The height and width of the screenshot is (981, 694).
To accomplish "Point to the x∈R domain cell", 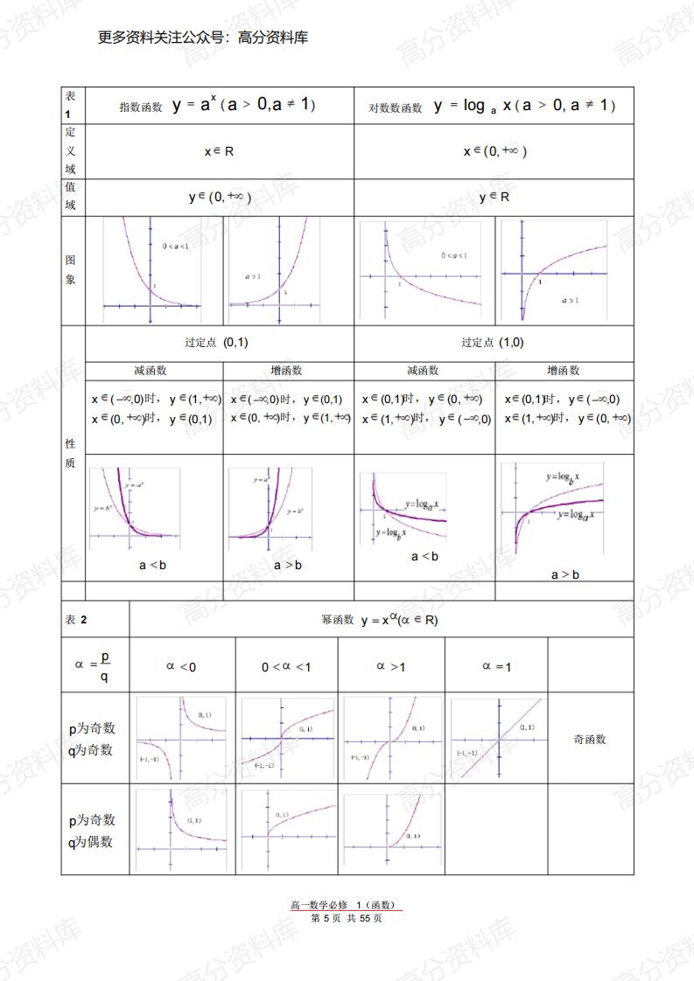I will pos(219,151).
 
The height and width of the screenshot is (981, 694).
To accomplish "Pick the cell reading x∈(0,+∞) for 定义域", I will pos(495,151).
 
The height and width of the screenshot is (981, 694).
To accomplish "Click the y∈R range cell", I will pos(494,198).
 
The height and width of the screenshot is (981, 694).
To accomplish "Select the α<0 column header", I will pos(181,666).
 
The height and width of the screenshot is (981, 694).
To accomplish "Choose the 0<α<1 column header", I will pos(286,667).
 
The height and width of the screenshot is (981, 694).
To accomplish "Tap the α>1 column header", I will pos(390,666).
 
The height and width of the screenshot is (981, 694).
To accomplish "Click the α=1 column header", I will pos(496,666).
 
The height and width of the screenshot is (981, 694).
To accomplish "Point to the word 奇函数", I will pos(590,739).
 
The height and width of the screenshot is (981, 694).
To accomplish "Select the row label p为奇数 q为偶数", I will pos(93,831).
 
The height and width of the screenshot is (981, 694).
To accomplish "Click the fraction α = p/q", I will pos(94,666).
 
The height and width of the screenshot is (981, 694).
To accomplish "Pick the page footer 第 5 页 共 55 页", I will pos(347,918).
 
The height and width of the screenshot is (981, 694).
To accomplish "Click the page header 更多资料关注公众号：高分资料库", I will pos(203,38).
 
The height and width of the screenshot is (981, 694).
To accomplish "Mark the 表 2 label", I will pos(76,620).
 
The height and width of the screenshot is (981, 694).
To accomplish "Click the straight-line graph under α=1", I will pos(497,739).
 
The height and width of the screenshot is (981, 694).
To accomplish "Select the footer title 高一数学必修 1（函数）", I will pos(347,905).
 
